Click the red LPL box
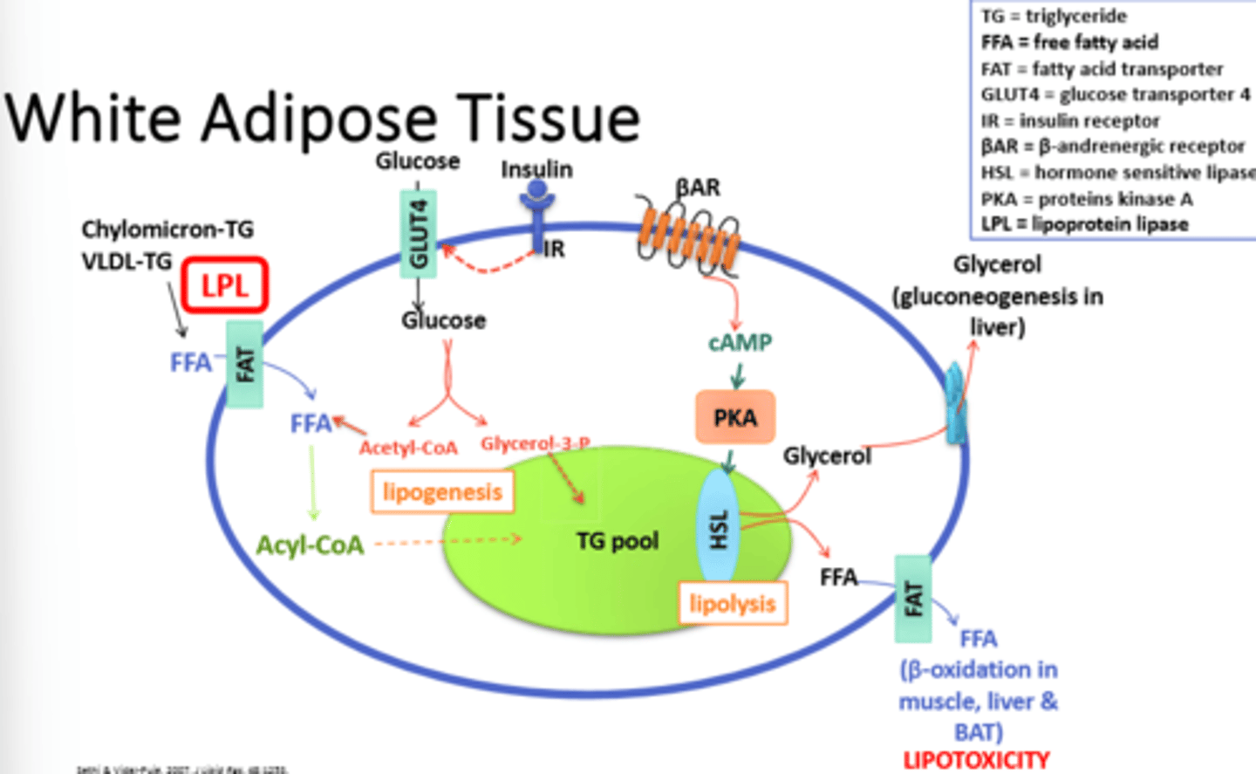[x=224, y=285]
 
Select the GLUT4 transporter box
[x=419, y=234]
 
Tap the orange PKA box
[x=734, y=417]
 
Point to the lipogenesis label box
[x=442, y=492]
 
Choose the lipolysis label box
[x=733, y=603]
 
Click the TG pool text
[x=617, y=541]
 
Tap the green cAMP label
[x=740, y=342]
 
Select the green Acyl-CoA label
[x=310, y=545]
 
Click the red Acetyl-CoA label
[x=408, y=448]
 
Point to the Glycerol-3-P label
[x=535, y=443]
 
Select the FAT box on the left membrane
[x=245, y=365]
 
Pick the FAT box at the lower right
[x=913, y=599]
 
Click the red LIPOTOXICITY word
[x=976, y=760]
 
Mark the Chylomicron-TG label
[x=167, y=229]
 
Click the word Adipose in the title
[x=318, y=118]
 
